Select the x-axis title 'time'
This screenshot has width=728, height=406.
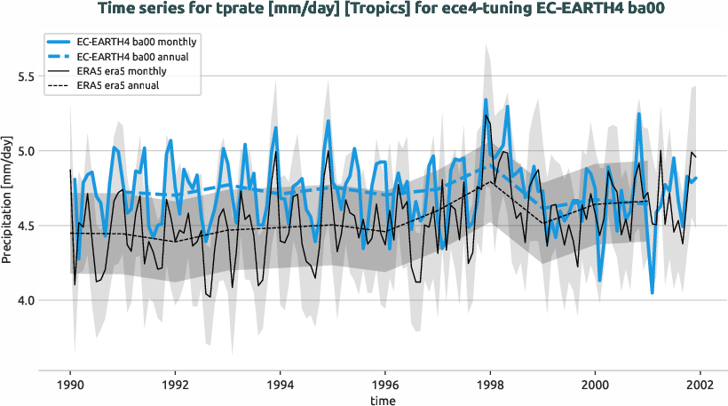click(384, 401)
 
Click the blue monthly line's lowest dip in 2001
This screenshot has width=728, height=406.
click(652, 292)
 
